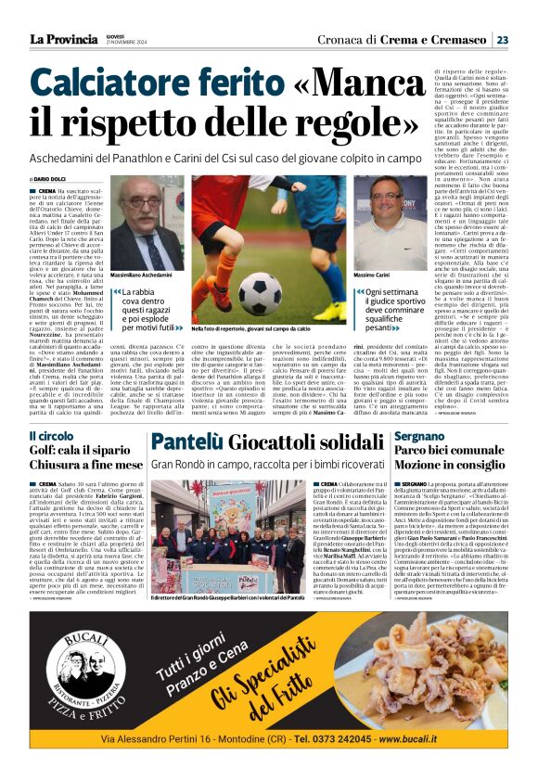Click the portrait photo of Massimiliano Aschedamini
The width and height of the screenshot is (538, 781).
[147, 226]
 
